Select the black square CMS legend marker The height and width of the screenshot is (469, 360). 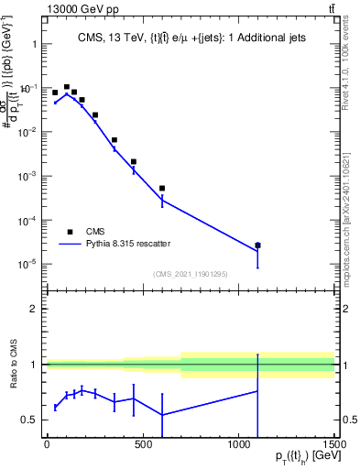click(70, 232)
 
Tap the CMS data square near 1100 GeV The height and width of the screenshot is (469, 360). click(257, 245)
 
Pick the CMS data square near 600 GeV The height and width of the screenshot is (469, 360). click(162, 188)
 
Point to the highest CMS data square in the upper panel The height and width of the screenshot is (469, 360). click(67, 87)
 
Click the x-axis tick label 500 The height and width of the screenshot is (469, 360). click(143, 443)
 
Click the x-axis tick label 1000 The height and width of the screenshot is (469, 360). click(238, 443)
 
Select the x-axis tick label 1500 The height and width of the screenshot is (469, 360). click(333, 443)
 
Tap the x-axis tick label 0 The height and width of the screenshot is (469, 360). click(47, 443)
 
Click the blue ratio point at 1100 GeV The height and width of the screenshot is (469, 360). click(257, 391)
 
